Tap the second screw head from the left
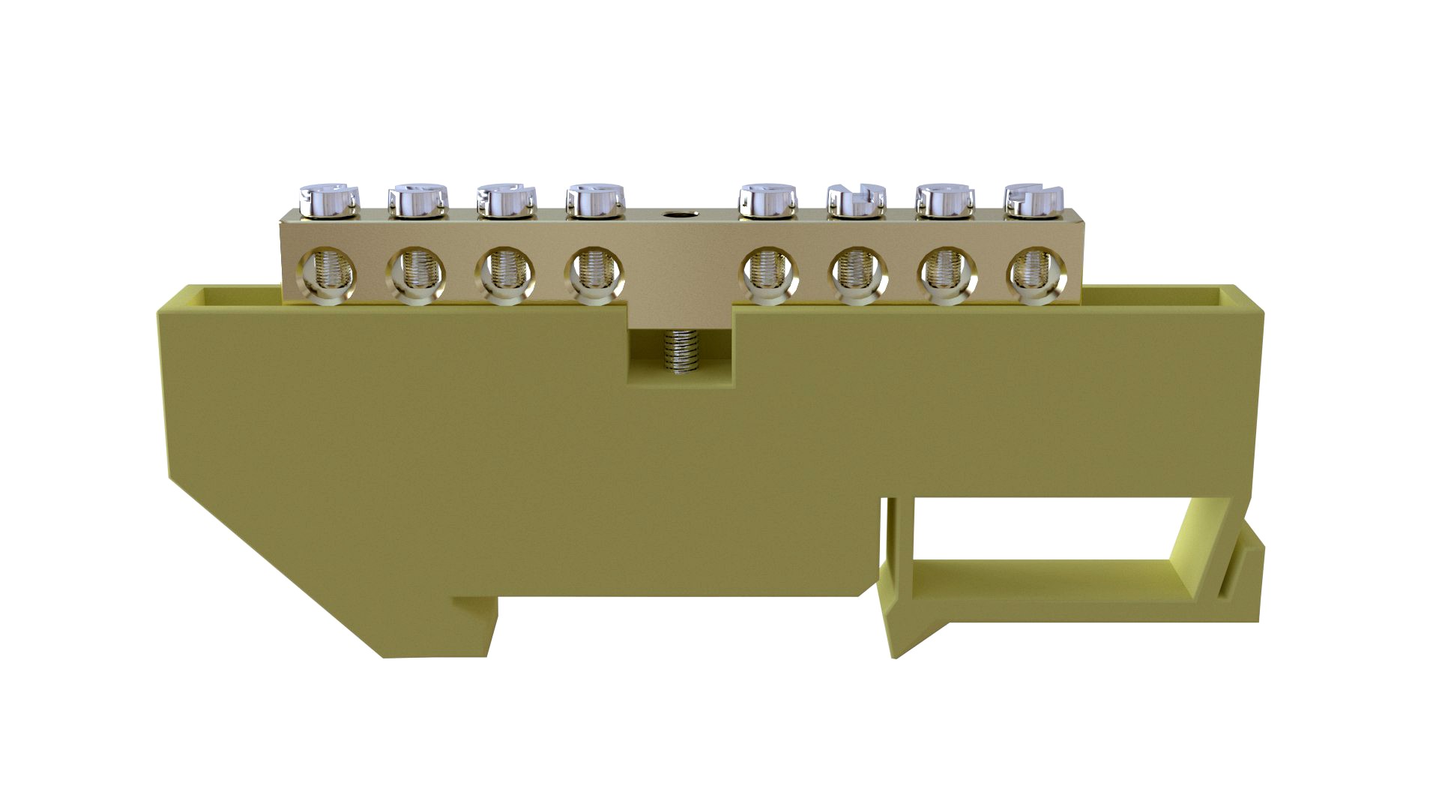coord(417,200)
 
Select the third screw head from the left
coord(507,200)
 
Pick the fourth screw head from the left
coord(595,200)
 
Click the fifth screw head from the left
coord(767,200)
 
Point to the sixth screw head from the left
coord(856,200)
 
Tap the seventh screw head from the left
coord(944,200)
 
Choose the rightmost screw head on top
coord(1033,200)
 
